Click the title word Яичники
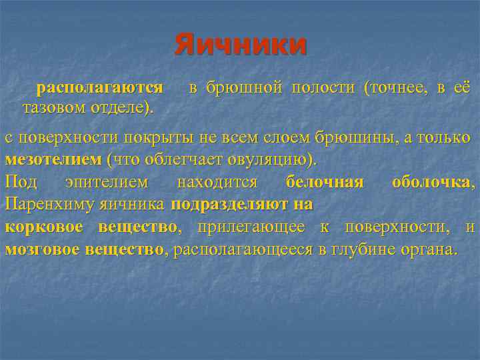[x=241, y=45]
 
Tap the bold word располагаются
[x=100, y=87]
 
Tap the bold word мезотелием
[x=53, y=160]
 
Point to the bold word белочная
[x=325, y=182]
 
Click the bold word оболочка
[x=433, y=182]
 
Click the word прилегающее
[x=253, y=227]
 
